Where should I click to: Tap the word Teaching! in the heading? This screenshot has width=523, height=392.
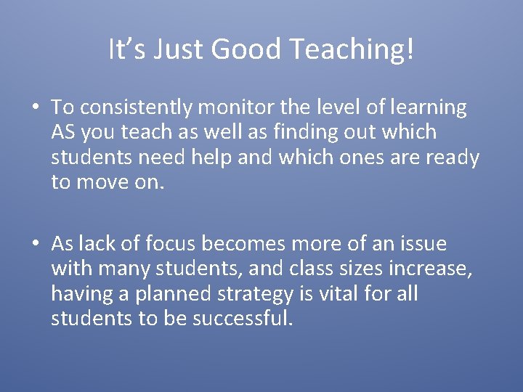(x=352, y=49)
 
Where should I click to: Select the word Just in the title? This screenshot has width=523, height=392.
(x=176, y=49)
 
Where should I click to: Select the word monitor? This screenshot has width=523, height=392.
(x=236, y=107)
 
